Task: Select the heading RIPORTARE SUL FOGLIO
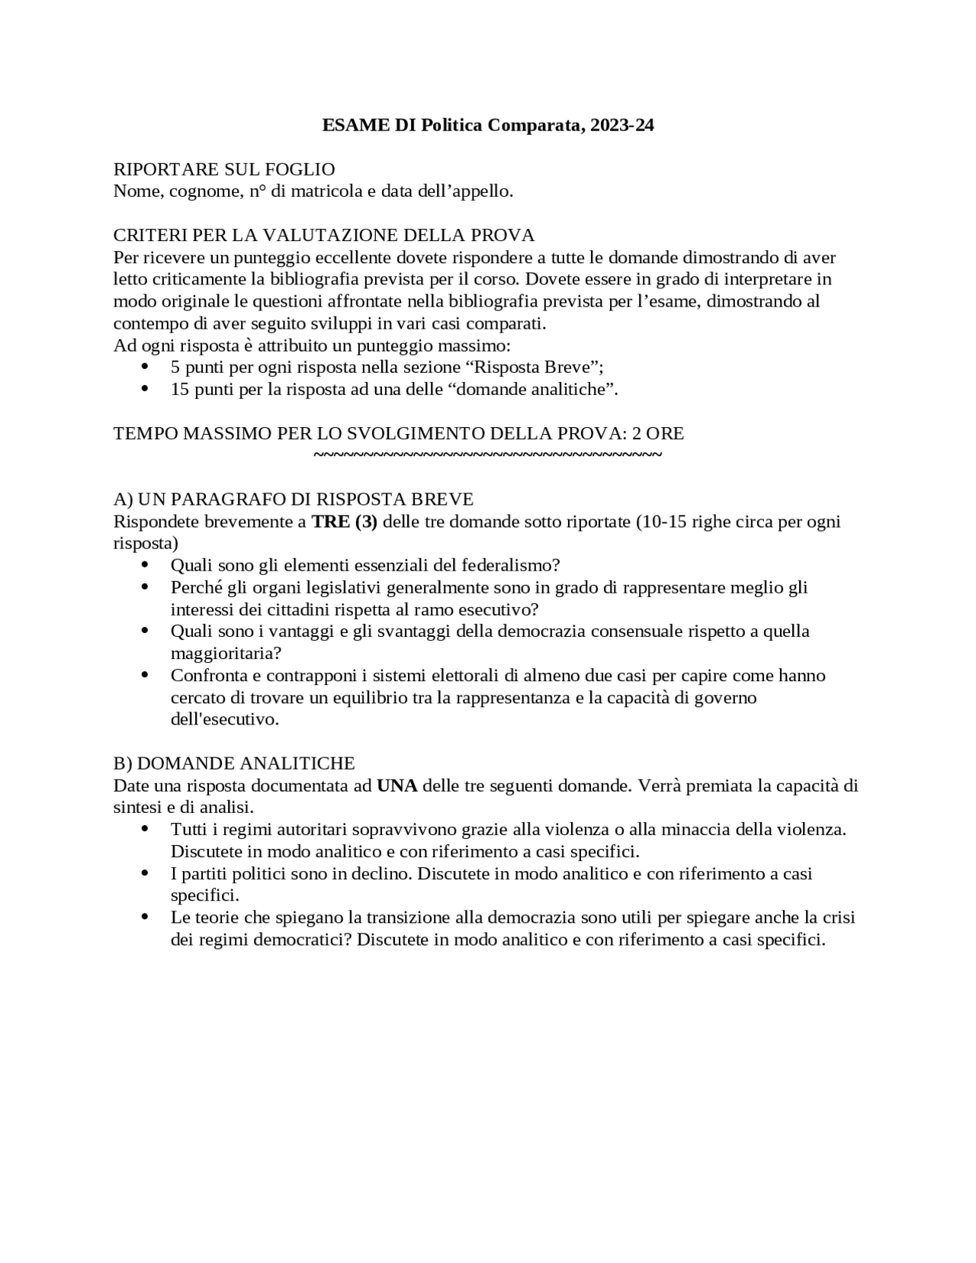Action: click(x=224, y=169)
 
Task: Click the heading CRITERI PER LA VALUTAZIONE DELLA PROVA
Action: click(x=324, y=235)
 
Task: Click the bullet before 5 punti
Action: click(x=146, y=367)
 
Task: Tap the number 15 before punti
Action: click(x=180, y=389)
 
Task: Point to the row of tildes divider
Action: click(x=487, y=455)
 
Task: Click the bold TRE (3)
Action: click(x=345, y=522)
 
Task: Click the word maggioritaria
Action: click(x=226, y=654)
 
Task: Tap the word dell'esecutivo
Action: click(x=224, y=719)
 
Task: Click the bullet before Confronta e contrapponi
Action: click(x=146, y=676)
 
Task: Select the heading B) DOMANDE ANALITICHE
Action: click(x=234, y=763)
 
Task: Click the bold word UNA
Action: click(x=397, y=786)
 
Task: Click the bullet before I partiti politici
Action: click(x=146, y=873)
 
